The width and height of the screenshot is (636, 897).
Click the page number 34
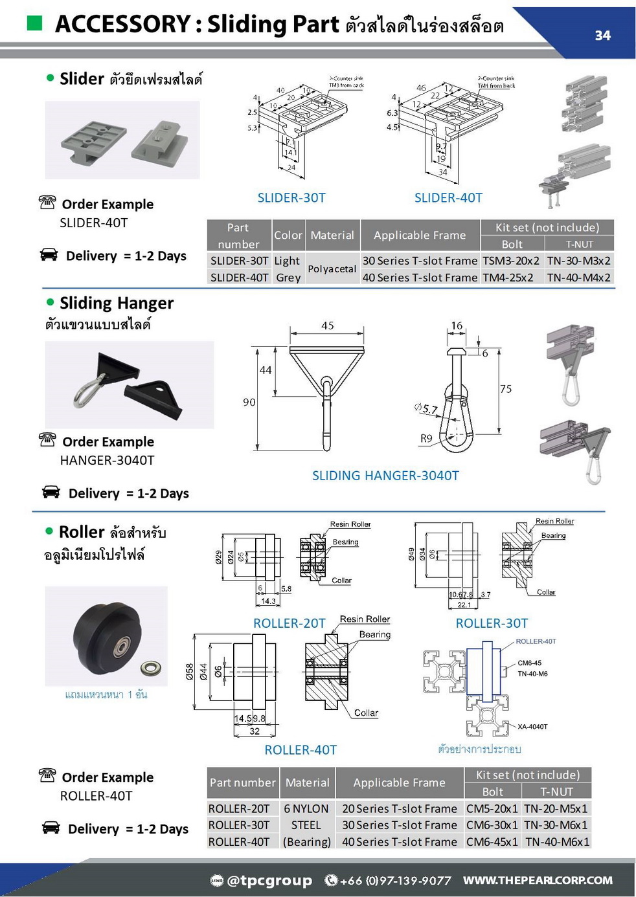[602, 36]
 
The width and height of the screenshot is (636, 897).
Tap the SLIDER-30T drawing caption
[291, 198]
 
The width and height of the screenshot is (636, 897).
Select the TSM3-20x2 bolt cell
[511, 261]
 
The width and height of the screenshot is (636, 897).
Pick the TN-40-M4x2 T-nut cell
[578, 278]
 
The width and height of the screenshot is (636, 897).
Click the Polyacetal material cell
[332, 269]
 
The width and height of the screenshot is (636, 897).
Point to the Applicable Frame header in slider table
[419, 236]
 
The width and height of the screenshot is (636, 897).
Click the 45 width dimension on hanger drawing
[328, 326]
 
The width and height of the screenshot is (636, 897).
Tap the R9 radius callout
[426, 438]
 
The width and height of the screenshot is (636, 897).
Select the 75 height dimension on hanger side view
[506, 389]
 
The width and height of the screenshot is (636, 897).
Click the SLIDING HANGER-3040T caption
[385, 476]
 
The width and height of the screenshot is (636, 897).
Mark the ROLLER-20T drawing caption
[289, 623]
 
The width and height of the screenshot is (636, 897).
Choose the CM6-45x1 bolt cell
[492, 842]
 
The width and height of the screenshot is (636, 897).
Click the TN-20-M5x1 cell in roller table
[556, 809]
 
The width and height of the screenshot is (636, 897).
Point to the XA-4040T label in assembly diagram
[532, 727]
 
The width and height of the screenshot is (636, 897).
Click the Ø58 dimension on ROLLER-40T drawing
[190, 671]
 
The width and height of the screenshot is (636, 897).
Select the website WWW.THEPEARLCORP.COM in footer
[538, 880]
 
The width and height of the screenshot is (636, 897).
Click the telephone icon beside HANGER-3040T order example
[47, 440]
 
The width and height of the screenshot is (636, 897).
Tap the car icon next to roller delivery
[51, 828]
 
